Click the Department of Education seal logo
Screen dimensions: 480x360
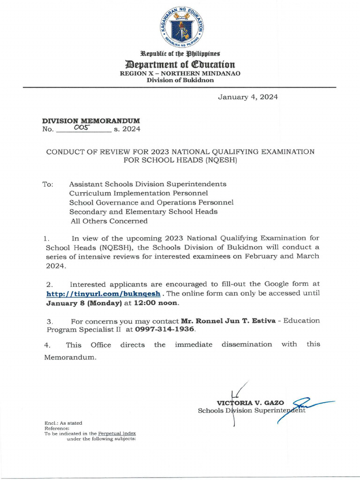pos(180,28)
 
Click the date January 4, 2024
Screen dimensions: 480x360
pos(247,97)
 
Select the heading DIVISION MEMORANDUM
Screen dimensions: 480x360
pos(91,120)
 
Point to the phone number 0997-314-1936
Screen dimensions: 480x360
pos(165,330)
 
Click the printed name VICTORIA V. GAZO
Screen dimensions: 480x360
pos(250,403)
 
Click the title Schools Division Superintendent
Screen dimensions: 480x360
pos(252,411)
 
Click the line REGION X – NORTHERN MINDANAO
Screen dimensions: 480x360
pos(180,74)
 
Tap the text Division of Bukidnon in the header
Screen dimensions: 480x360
pos(180,80)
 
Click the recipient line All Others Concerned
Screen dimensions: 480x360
pos(109,221)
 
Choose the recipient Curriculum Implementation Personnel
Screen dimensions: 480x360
pos(138,193)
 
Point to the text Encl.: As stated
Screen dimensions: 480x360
pos(63,423)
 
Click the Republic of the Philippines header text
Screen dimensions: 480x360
pos(180,54)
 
